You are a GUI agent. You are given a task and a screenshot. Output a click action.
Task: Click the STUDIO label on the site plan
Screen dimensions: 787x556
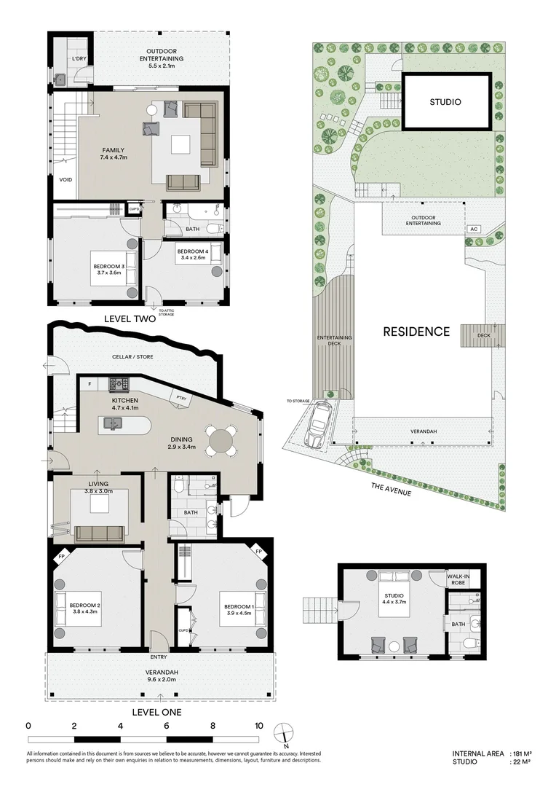[x=444, y=102]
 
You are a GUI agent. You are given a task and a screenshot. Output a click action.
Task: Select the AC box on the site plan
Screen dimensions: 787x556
[x=474, y=228]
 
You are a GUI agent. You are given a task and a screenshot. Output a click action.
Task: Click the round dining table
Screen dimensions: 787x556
[x=221, y=440]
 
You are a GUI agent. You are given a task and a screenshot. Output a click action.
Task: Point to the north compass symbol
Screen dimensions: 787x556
[x=285, y=733]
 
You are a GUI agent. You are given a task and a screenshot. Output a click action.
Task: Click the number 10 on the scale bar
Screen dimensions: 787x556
[x=258, y=726]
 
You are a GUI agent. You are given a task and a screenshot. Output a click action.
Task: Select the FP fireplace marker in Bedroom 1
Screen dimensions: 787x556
[x=258, y=552]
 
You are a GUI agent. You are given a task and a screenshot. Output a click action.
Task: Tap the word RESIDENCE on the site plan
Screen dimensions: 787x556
[x=417, y=332]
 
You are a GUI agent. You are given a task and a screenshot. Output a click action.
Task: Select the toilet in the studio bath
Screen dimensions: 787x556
[x=470, y=645]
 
